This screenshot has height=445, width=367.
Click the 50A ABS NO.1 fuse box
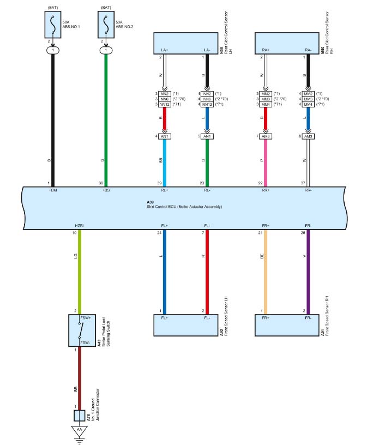tap(53, 26)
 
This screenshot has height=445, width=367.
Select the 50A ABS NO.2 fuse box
tap(105, 26)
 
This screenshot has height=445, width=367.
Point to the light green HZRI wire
tap(80, 267)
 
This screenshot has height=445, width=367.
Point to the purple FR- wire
tap(308, 267)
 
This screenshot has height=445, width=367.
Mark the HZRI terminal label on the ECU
tap(80, 225)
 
